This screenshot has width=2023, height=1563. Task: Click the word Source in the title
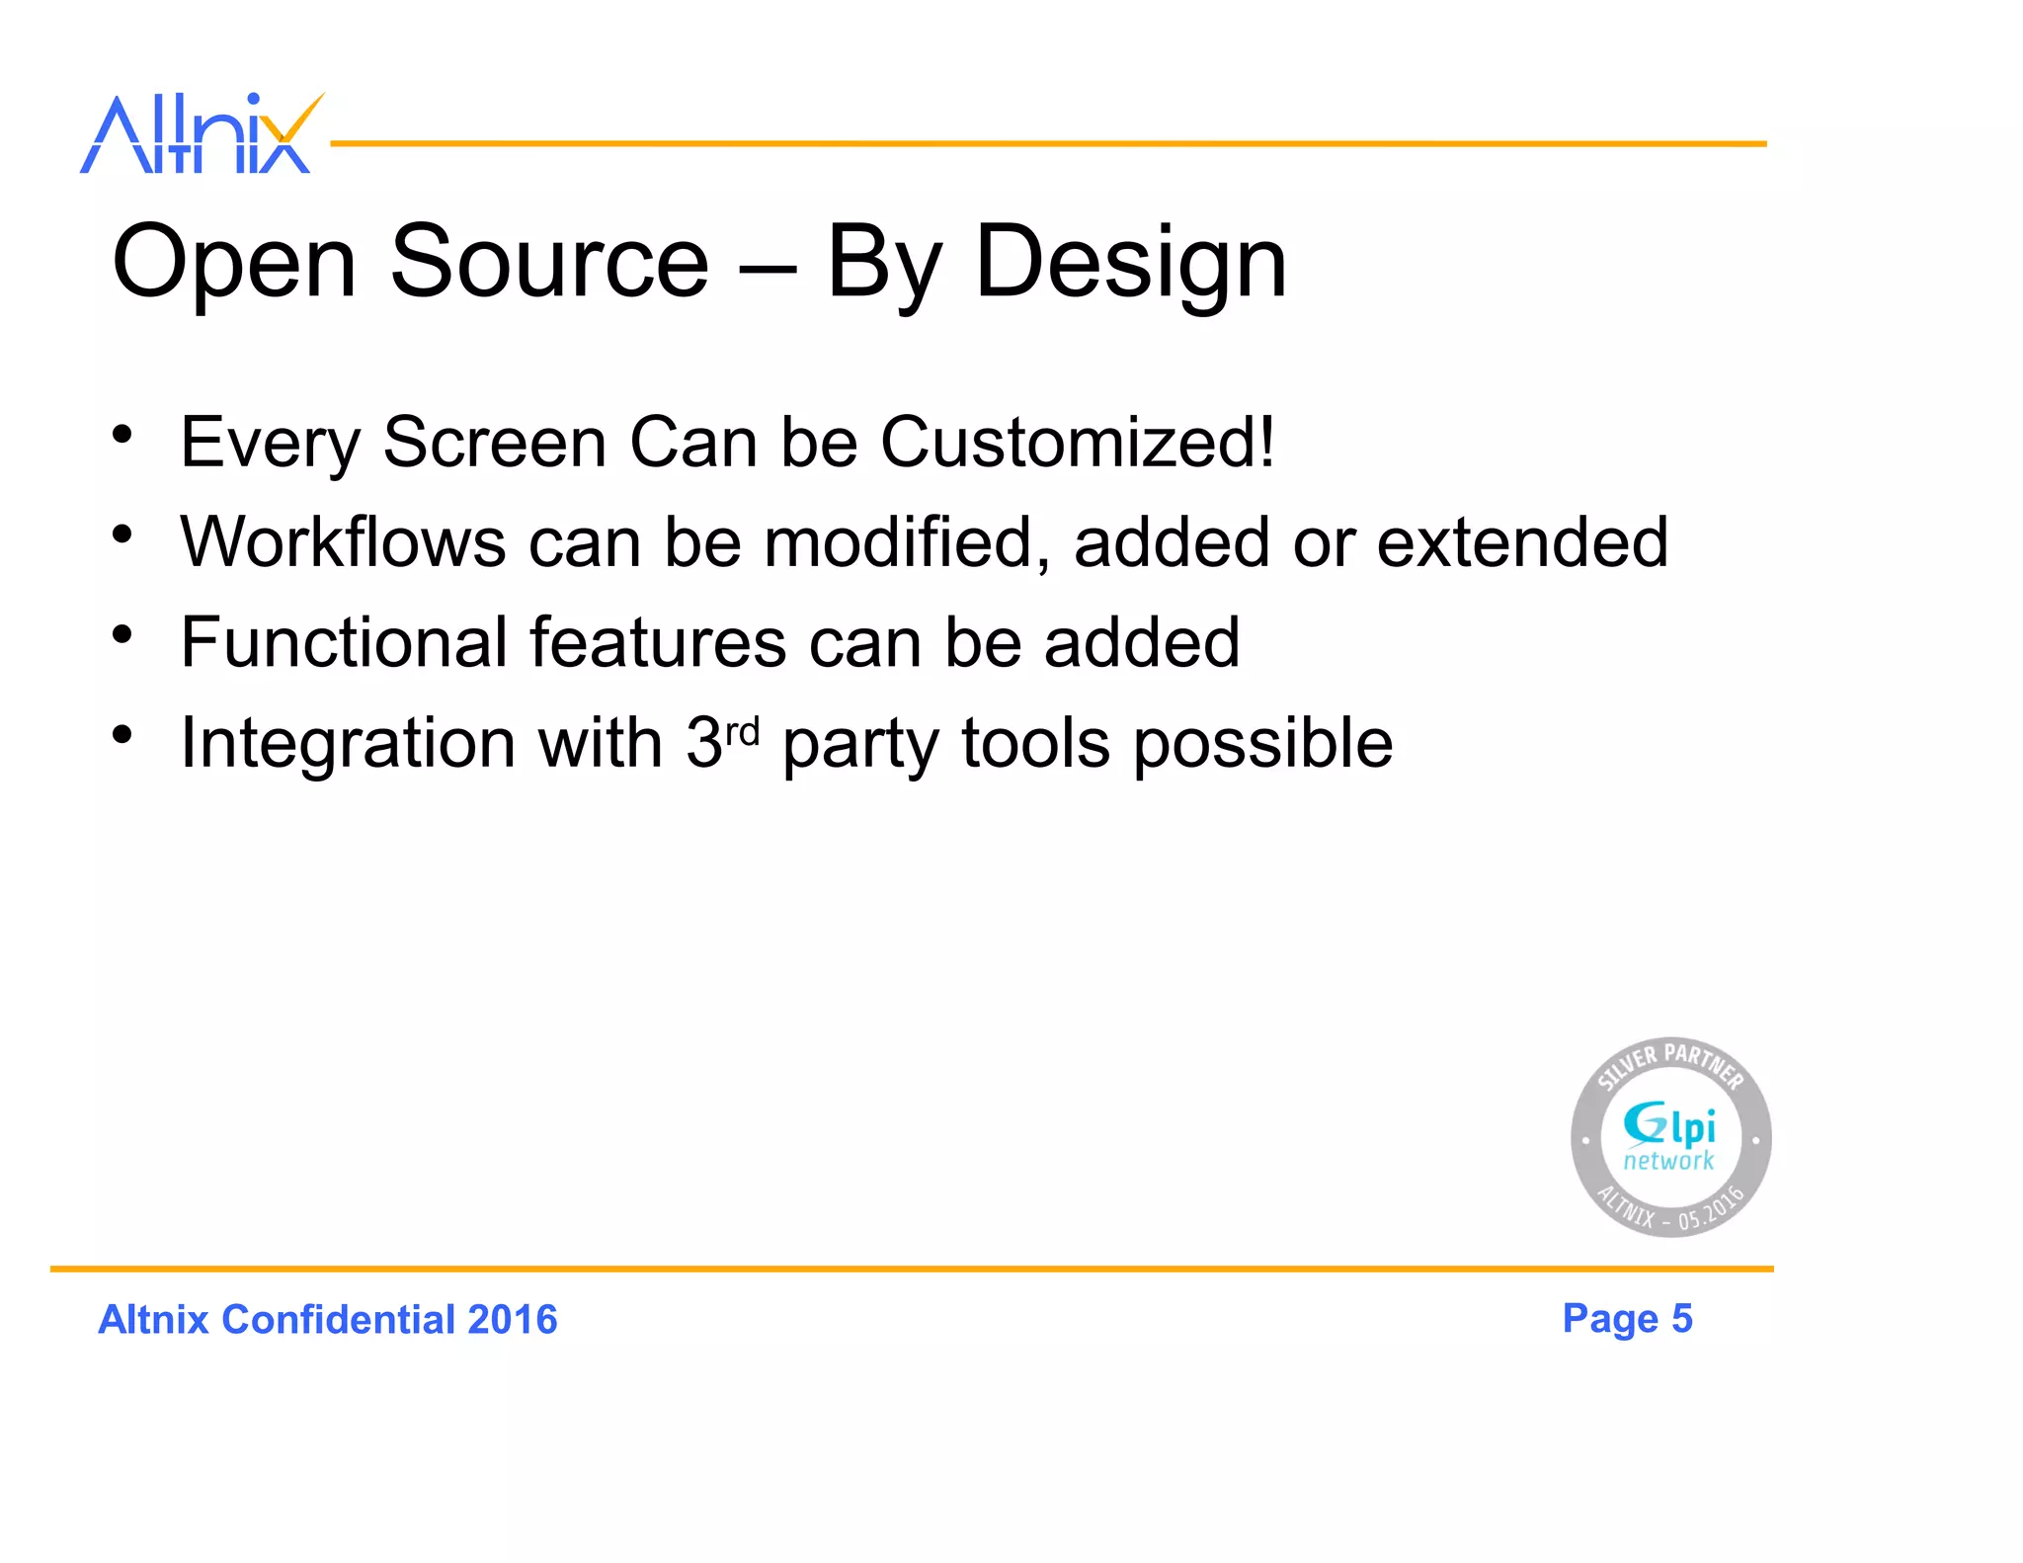[x=549, y=261]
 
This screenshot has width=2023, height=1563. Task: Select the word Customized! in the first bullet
[x=1077, y=442]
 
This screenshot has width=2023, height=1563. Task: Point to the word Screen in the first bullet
[x=494, y=442]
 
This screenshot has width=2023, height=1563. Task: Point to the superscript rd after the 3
[x=742, y=732]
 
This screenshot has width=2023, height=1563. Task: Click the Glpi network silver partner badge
[x=1670, y=1137]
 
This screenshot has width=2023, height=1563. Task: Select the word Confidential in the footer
[x=338, y=1320]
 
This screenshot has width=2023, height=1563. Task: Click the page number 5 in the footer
[x=1681, y=1319]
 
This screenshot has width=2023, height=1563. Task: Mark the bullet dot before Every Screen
[x=121, y=434]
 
